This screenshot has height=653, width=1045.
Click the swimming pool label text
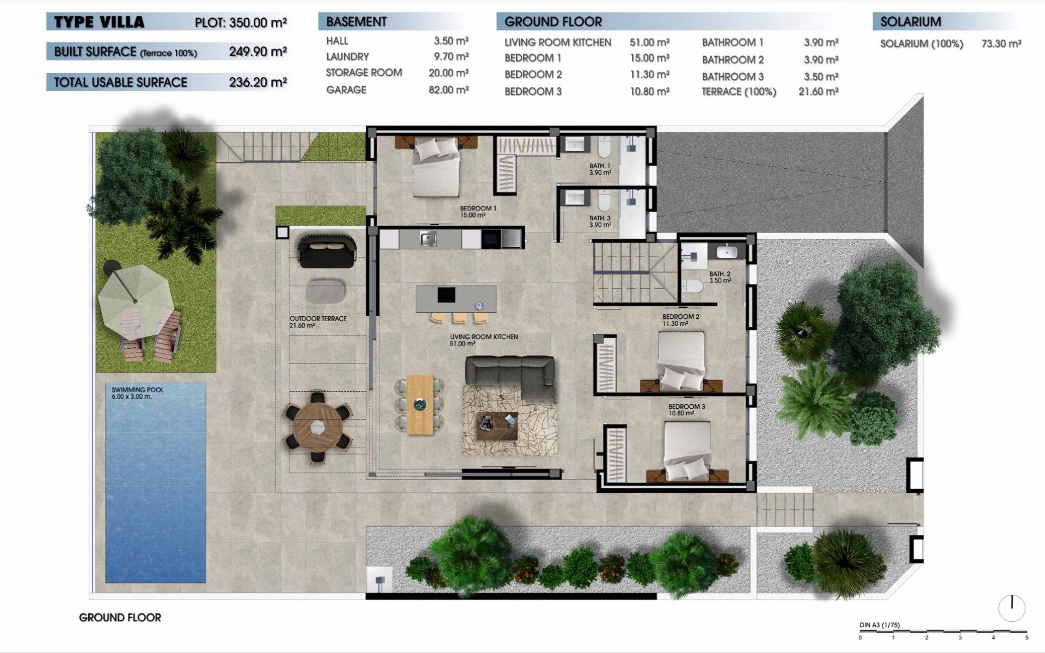(x=137, y=393)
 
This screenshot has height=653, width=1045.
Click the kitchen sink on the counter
(x=428, y=238)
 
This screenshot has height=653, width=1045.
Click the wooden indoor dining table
(x=420, y=404)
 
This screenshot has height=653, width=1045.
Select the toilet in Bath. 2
(x=693, y=286)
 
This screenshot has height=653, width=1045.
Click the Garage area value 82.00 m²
(x=448, y=90)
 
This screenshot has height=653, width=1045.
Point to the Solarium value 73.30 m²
(x=1001, y=44)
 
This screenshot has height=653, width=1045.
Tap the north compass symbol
(x=1012, y=608)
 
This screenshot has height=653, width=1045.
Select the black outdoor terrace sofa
(x=327, y=251)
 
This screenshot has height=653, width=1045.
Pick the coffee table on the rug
(x=497, y=426)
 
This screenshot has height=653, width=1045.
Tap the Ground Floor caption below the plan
(x=120, y=618)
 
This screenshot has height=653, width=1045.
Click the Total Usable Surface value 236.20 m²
(x=257, y=82)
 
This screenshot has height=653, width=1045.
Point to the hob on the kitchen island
(x=446, y=295)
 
